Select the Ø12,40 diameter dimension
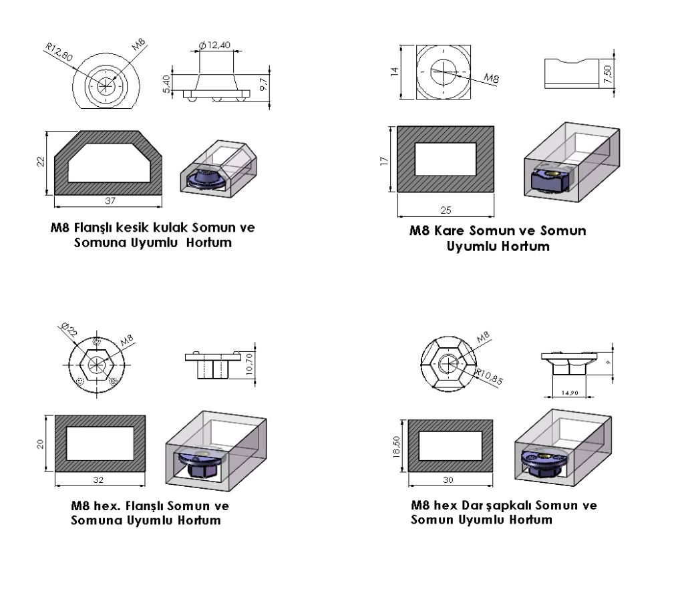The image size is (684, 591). coord(214,45)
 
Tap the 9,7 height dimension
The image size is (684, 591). coord(264,85)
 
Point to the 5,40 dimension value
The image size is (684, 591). coord(166,83)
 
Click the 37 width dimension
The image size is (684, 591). coord(110,200)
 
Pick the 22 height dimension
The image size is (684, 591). coord(41,162)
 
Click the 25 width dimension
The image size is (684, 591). coord(446,210)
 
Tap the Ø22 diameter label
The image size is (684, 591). coord(69,329)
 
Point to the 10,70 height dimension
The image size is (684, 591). coord(249,364)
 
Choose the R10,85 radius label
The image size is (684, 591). coord(489,376)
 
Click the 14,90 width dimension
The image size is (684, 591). coord(569,393)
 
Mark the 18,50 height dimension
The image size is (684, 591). coord(397,447)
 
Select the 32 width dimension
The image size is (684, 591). coord(98,479)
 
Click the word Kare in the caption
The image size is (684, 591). coord(450,230)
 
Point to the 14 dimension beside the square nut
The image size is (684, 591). coord(395,71)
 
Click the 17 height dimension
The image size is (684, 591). coord(384,160)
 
